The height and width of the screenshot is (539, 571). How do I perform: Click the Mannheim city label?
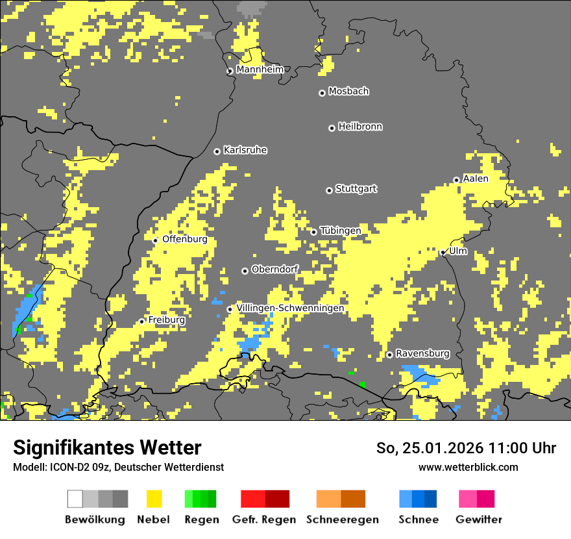tap(260, 69)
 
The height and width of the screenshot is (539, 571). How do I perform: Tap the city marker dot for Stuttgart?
tap(329, 190)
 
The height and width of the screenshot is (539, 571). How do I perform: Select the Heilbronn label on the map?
tap(360, 127)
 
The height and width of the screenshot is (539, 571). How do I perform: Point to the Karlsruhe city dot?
tap(217, 151)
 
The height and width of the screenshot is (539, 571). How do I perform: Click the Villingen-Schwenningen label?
tap(290, 308)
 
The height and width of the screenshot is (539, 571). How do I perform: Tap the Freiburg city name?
tap(166, 320)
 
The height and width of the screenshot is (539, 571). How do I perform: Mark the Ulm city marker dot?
tap(443, 253)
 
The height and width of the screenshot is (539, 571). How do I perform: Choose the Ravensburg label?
tap(422, 353)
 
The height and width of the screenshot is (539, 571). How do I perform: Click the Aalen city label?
tap(476, 179)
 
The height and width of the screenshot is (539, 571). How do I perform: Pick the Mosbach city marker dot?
tap(322, 93)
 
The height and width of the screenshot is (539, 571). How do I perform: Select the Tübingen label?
tap(341, 231)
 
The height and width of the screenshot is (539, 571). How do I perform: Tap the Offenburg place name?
tap(185, 239)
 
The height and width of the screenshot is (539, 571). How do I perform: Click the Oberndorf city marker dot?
tap(245, 271)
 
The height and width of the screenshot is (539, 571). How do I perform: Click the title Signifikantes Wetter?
tap(107, 447)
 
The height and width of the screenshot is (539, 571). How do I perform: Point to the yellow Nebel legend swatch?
tap(154, 499)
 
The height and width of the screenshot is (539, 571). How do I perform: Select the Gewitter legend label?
tap(478, 520)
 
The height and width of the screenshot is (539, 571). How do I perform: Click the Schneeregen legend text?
tap(343, 520)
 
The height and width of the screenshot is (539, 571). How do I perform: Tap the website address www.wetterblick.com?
tap(468, 467)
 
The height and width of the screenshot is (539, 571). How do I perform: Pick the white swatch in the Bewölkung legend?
tap(75, 499)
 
